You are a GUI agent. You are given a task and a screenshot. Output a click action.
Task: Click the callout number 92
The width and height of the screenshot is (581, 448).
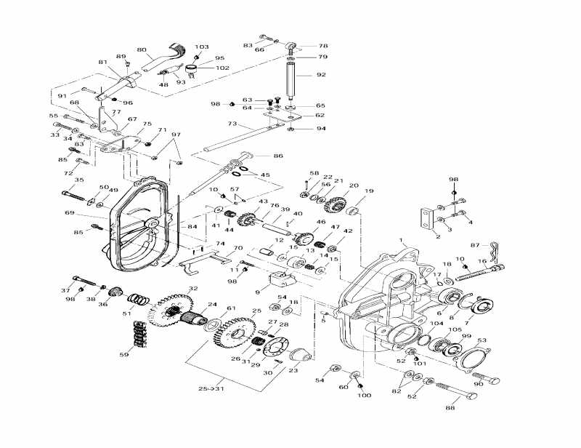coord(321,74)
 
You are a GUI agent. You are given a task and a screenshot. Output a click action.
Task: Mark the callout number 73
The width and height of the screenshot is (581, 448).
coord(212,124)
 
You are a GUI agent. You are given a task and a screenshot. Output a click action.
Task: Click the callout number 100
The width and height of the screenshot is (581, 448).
coord(364,395)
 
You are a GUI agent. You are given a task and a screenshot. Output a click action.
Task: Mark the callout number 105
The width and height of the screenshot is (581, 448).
coord(454,329)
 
